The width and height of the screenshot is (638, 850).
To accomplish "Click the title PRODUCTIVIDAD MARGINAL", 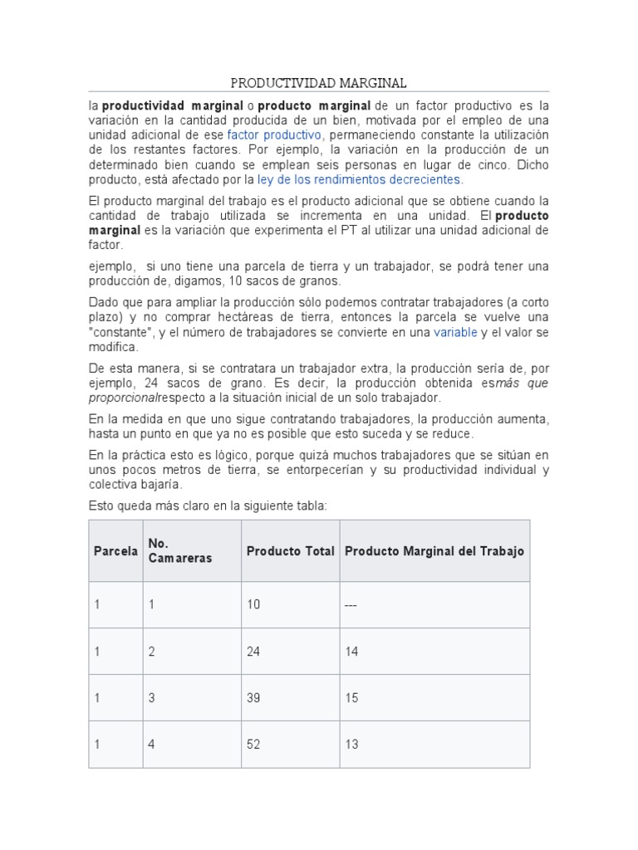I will point(318,84).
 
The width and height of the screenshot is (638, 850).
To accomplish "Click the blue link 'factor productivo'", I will point(274,134).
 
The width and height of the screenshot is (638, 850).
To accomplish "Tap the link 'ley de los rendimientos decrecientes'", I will point(360,179).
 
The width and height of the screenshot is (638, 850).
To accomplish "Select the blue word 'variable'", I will point(455,332).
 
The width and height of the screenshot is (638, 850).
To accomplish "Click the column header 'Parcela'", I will point(115,551).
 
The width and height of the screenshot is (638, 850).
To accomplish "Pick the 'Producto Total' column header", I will point(290,551).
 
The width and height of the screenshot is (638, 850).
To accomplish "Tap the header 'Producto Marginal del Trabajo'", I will point(434,551).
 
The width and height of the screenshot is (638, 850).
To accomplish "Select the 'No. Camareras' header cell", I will point(179,550).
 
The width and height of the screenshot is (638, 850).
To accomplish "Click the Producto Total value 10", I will point(253,605).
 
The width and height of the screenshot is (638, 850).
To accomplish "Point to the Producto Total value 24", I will point(253,652).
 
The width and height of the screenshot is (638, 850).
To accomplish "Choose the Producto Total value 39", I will point(253,698).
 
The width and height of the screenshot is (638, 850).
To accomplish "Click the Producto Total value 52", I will point(253,745).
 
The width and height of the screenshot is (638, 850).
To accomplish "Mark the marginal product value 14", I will point(351,652).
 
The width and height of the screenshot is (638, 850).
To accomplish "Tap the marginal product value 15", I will point(351,698).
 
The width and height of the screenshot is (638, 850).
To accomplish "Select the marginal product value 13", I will point(351,745).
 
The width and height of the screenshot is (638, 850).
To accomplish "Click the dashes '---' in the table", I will point(351,605).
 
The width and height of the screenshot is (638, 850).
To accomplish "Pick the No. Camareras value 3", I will point(152,698).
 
